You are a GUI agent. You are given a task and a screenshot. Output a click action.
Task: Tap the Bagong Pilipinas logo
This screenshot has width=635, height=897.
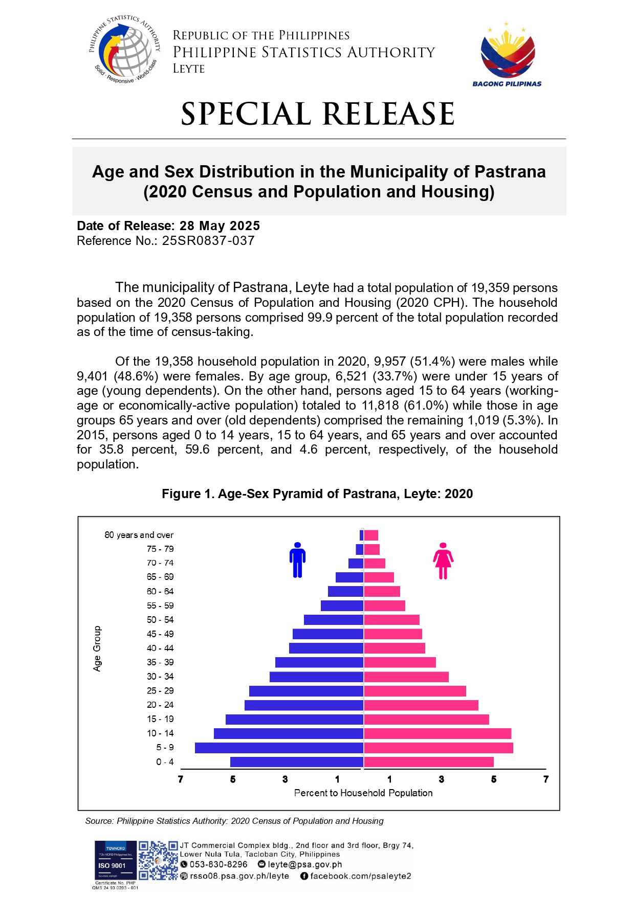pyautogui.click(x=507, y=54)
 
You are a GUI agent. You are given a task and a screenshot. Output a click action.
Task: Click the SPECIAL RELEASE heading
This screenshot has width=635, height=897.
pyautogui.click(x=318, y=114)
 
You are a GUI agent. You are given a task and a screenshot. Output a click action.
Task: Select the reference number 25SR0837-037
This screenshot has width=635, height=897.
pyautogui.click(x=208, y=241)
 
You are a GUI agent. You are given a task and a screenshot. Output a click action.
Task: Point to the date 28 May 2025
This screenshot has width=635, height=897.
pyautogui.click(x=220, y=226)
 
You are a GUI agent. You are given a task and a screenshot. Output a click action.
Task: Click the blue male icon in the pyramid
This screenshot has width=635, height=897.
pyautogui.click(x=297, y=560)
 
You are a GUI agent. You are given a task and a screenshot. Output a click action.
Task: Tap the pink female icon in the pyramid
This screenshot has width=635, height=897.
pyautogui.click(x=443, y=561)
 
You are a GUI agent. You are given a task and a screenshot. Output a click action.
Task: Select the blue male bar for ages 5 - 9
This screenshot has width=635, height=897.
pyautogui.click(x=279, y=748)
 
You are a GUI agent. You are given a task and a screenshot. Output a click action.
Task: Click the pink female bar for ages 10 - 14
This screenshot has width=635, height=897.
pyautogui.click(x=437, y=733)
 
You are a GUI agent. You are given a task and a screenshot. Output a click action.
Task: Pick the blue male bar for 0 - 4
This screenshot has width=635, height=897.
pyautogui.click(x=297, y=762)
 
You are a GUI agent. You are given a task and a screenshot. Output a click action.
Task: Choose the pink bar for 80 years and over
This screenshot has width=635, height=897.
pyautogui.click(x=371, y=535)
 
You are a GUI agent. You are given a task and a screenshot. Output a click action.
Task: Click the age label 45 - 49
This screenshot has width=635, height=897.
pyautogui.click(x=160, y=634)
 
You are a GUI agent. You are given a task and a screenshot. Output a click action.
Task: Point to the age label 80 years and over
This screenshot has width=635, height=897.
pyautogui.click(x=139, y=535)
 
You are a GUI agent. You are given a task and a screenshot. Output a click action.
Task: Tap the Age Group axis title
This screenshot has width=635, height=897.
pyautogui.click(x=97, y=648)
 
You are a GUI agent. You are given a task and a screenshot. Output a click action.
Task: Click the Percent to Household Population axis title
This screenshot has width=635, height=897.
pyautogui.click(x=363, y=793)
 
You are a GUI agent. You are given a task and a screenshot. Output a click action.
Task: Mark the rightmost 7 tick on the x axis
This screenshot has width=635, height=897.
pyautogui.click(x=546, y=779)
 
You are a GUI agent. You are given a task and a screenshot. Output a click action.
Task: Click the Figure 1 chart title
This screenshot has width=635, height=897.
pyautogui.click(x=317, y=494)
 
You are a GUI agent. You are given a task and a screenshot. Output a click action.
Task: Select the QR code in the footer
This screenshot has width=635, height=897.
pyautogui.click(x=158, y=861)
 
